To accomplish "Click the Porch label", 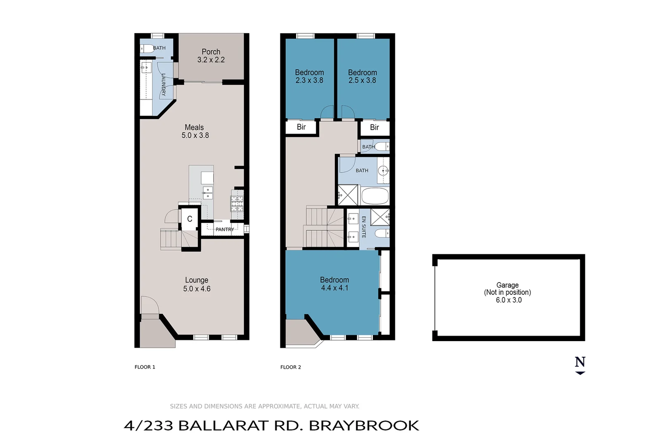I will tap(211, 52).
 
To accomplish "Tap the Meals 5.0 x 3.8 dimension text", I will tap(195, 135).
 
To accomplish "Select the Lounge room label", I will tap(197, 280).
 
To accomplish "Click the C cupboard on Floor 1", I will tap(190, 219).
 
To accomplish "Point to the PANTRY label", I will tap(225, 230).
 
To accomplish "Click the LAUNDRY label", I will tap(164, 85).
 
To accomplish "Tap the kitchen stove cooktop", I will tap(237, 204).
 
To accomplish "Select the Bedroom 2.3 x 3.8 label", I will tap(309, 76).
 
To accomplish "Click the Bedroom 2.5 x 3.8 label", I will tap(362, 76).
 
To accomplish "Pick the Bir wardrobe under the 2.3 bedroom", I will tap(301, 127).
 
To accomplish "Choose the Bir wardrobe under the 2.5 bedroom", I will tap(374, 128).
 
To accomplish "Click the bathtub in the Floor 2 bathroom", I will tap(375, 196).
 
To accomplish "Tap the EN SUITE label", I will tap(364, 227).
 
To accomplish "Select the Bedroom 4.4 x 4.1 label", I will tap(334, 284).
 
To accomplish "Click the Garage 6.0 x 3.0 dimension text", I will tap(508, 300).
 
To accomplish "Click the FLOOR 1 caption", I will tap(145, 367).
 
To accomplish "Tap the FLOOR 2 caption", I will tap(291, 367).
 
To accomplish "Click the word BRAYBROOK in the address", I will tap(364, 426).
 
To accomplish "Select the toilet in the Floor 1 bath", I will tap(147, 49).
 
